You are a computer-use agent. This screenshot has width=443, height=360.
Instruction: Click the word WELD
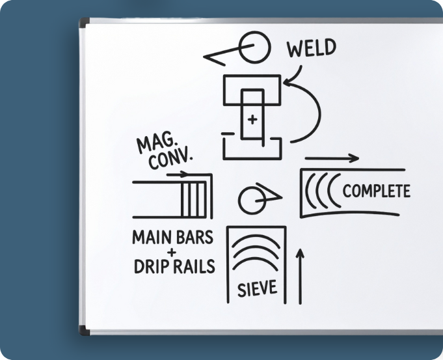[312, 49]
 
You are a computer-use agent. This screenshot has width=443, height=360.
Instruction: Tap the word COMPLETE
[376, 191]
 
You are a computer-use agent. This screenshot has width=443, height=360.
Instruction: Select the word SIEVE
[258, 287]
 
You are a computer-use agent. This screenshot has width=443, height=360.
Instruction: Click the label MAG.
[152, 144]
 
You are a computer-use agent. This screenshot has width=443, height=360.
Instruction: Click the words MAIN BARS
[172, 237]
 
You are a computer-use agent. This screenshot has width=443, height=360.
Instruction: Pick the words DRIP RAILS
[173, 267]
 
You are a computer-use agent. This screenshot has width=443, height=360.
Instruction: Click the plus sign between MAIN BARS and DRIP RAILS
[172, 252]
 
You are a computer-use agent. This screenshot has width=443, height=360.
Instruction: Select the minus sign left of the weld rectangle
[228, 134]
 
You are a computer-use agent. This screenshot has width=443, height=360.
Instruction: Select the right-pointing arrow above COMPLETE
[331, 158]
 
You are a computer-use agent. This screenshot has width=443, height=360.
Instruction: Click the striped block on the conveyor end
[198, 197]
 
